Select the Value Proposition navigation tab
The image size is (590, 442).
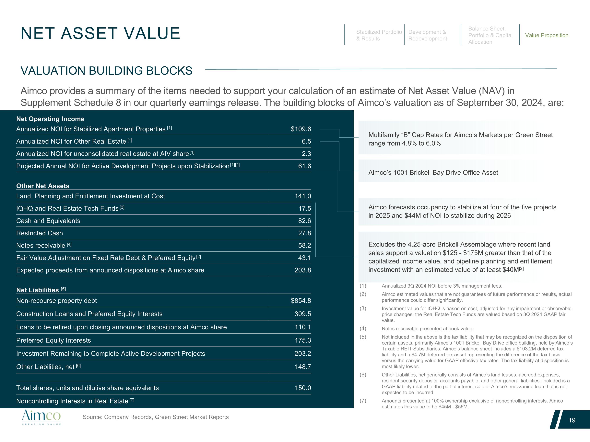tap(547, 35)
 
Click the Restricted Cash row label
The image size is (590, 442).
tap(40, 233)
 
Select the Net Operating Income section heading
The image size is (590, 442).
tap(50, 119)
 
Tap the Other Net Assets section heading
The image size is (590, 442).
tap(43, 186)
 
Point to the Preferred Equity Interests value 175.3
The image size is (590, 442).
tap(303, 340)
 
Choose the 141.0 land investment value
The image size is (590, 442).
tap(303, 196)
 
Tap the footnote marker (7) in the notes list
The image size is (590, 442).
tap(363, 401)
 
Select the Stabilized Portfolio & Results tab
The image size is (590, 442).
tap(379, 35)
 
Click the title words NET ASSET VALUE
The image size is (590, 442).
tap(100, 33)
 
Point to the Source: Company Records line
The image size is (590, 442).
tap(156, 417)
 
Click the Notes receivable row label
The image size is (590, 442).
tap(41, 245)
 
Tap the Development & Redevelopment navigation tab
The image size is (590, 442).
tap(427, 35)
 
